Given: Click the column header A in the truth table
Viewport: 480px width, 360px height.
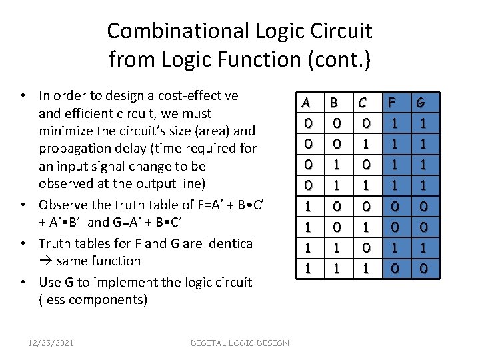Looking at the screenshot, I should [x=307, y=103].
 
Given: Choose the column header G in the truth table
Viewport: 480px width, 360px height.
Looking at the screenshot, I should [x=421, y=103].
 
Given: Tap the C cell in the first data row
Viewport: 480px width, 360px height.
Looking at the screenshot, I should [x=365, y=124].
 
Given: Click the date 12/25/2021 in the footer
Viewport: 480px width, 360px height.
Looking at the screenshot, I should [x=51, y=343].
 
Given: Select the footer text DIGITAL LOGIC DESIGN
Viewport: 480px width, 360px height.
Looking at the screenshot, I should [x=240, y=343].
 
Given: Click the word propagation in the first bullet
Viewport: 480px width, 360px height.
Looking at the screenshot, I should [x=73, y=148].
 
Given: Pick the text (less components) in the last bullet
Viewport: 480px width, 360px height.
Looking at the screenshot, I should [x=93, y=299].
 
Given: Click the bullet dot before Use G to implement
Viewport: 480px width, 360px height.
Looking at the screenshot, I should [x=24, y=282].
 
